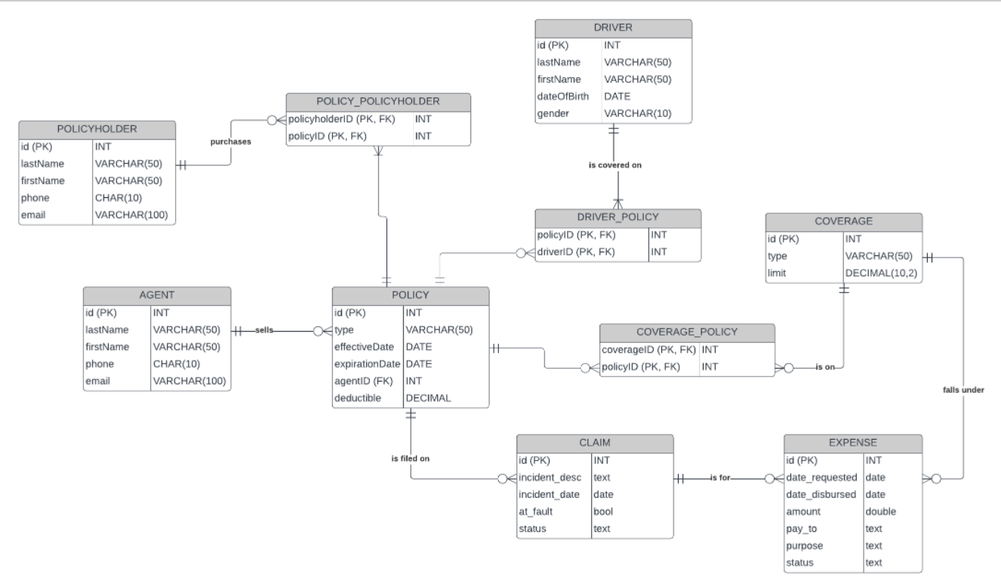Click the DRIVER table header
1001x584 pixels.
coord(613,28)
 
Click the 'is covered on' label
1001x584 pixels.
coord(614,165)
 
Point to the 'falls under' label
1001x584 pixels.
coord(963,390)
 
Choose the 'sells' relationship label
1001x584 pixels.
coord(264,330)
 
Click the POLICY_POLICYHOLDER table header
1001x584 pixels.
coord(378,102)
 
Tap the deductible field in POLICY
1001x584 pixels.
coord(357,397)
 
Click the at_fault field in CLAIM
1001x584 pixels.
coord(536,511)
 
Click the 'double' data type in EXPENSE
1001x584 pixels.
coord(880,511)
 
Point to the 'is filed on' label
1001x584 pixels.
coord(410,459)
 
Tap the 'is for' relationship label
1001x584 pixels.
coord(720,478)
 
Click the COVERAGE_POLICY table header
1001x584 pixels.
coord(687,332)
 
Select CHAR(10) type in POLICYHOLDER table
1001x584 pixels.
coord(118,198)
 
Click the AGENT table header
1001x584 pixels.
coord(156,295)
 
